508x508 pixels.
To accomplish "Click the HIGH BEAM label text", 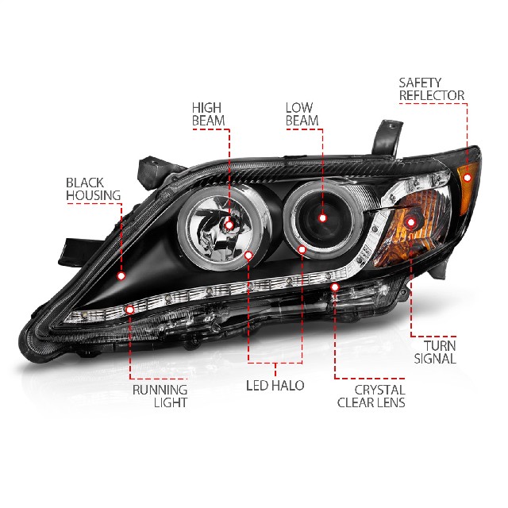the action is tap(208, 114).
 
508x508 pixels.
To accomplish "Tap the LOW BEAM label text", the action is tap(302, 114).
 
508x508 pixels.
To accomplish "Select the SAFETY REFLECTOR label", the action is tap(432, 89).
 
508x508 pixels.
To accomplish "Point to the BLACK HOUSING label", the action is tap(94, 189).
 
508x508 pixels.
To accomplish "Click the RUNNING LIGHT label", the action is tap(160, 396).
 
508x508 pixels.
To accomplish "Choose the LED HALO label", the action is tap(275, 386).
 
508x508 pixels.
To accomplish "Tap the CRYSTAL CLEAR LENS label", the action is tap(371, 396).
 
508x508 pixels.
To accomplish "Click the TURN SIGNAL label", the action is tap(435, 352).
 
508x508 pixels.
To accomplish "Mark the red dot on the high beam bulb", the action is tap(229, 225).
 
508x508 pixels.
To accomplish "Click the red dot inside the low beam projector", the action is tap(322, 218).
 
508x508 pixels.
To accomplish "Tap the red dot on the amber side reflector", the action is tap(468, 178).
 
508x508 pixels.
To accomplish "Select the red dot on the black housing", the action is tap(121, 276).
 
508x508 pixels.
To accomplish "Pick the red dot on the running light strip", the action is tap(130, 310).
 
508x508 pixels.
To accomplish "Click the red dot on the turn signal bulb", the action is tap(411, 222).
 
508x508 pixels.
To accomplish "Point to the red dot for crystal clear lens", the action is tap(335, 287).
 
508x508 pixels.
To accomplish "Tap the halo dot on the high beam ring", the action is tap(248, 256).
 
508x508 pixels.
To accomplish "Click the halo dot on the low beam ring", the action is tap(302, 249).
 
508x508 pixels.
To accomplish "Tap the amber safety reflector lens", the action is tap(468, 188).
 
